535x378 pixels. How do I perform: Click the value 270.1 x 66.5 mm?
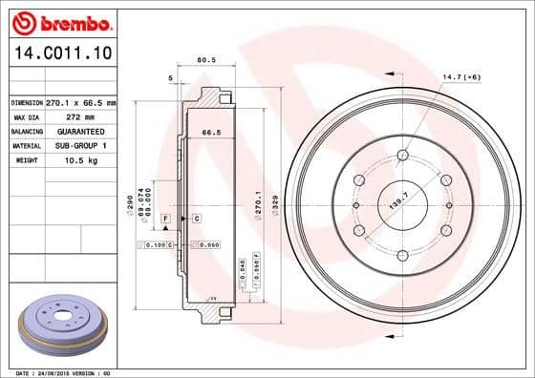coord(86,102)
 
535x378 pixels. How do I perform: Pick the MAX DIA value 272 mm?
coord(82,116)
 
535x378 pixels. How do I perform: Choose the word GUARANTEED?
coord(86,131)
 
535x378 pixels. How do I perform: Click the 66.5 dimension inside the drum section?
coord(199,134)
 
